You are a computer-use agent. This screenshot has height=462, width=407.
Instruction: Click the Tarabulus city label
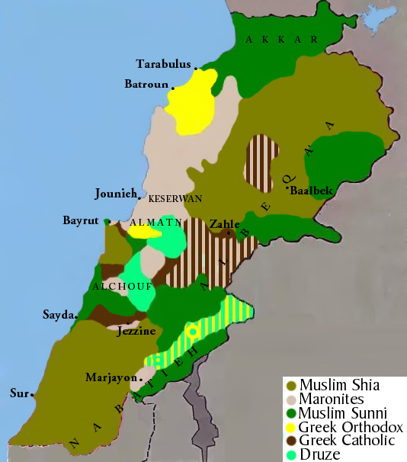pyautogui.click(x=162, y=63)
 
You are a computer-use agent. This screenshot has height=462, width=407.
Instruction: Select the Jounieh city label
pyautogui.click(x=115, y=193)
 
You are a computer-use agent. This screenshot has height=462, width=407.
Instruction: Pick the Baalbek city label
pyautogui.click(x=312, y=191)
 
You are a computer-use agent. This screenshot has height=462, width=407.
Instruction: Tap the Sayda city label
pyautogui.click(x=58, y=314)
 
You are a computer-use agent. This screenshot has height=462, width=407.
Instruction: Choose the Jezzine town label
pyautogui.click(x=136, y=332)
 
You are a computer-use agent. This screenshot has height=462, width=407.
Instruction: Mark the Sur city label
pyautogui.click(x=18, y=393)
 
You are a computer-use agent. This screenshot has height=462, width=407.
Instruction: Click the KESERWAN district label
pyautogui.click(x=175, y=198)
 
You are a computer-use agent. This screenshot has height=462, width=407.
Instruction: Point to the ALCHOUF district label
pyautogui.click(x=122, y=287)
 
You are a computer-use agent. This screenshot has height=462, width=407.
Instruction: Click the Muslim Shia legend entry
pyautogui.click(x=338, y=385)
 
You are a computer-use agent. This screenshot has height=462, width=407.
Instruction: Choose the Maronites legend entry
pyautogui.click(x=332, y=399)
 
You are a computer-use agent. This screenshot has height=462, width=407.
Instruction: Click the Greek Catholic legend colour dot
pyautogui.click(x=290, y=441)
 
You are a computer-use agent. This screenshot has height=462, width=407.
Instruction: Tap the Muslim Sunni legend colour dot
pyautogui.click(x=290, y=413)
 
